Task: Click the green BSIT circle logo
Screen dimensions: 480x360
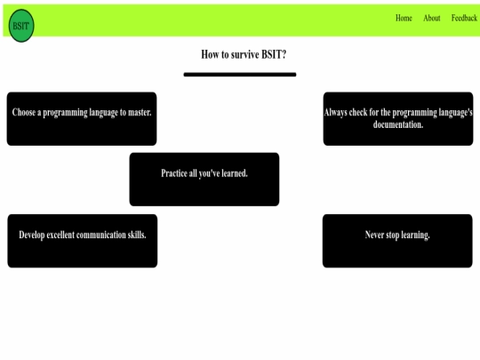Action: coord(21,26)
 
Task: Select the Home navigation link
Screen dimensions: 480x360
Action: coord(404,18)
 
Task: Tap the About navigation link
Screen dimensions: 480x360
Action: coord(432,18)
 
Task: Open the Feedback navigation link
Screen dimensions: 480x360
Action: coord(464,18)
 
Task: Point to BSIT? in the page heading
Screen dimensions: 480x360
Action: coord(274,54)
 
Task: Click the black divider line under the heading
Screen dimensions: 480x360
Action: coord(240,75)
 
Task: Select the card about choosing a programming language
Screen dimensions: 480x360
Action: coord(82,119)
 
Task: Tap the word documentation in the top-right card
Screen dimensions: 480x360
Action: coord(398,124)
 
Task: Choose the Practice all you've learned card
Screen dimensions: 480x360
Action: coord(204,180)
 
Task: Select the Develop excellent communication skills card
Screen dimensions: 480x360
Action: coord(83,241)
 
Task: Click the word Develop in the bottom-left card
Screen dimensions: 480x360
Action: coord(31,235)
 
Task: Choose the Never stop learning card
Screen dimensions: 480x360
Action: coord(397,241)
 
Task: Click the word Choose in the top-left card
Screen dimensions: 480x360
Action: coord(24,112)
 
